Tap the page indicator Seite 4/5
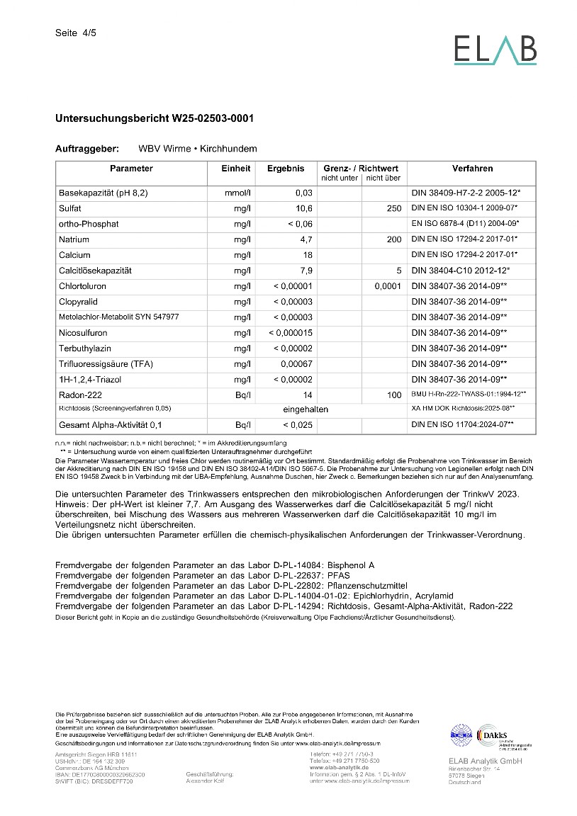(x=75, y=33)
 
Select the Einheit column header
(x=235, y=169)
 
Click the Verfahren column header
(x=472, y=169)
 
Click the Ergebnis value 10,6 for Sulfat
(x=304, y=208)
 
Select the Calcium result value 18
(x=308, y=255)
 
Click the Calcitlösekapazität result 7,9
(x=305, y=271)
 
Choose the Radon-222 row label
(x=83, y=395)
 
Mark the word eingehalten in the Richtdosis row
(x=306, y=409)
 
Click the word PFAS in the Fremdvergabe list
(x=338, y=576)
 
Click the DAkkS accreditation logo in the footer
(x=500, y=736)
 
